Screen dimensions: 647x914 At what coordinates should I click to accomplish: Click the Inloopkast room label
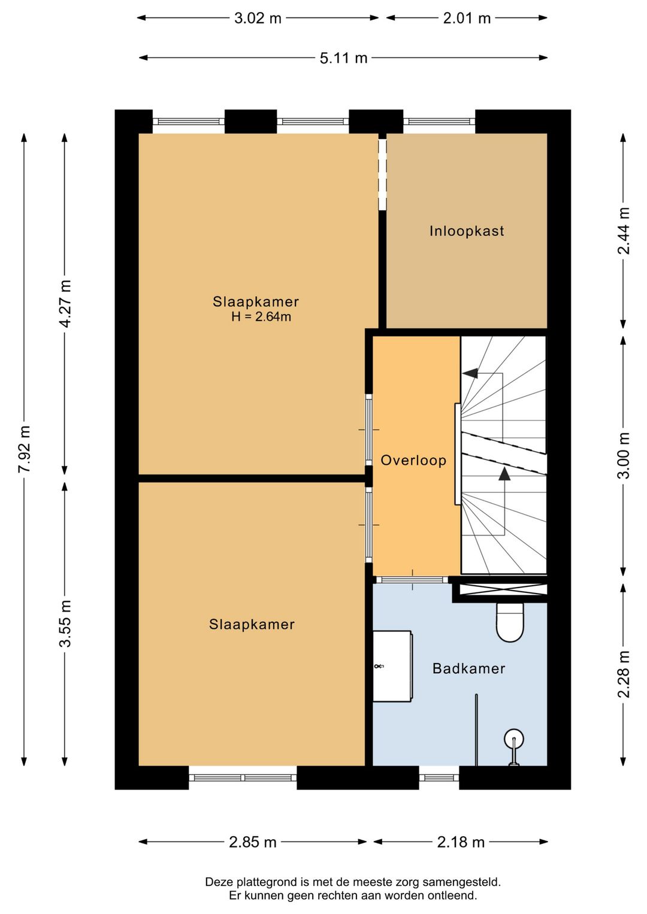(467, 231)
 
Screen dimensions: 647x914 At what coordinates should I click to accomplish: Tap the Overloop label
(413, 460)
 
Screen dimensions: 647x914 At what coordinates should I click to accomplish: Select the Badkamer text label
(468, 668)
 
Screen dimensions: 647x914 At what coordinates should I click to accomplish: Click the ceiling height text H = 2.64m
(261, 316)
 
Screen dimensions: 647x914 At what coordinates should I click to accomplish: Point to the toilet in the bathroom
(510, 622)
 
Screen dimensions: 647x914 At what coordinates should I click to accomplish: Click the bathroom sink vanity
(392, 666)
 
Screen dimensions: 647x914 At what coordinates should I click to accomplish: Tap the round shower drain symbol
(514, 739)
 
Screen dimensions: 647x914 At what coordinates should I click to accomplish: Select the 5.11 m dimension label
(343, 58)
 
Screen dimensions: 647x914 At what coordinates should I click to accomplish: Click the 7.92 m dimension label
(24, 449)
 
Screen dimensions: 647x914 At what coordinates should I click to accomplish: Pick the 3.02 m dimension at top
(258, 19)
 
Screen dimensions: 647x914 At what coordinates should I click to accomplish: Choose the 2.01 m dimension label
(467, 19)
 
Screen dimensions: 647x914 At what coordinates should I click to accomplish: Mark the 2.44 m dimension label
(623, 231)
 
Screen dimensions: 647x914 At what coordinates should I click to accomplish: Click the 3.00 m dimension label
(623, 455)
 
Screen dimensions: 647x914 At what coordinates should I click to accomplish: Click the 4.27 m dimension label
(65, 304)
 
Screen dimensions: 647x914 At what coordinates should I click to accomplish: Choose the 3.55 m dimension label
(65, 624)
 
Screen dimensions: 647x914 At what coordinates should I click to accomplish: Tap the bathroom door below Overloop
(412, 580)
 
